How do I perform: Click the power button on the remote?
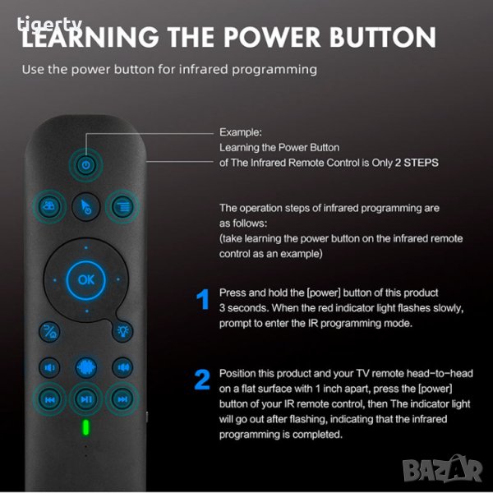(85, 165)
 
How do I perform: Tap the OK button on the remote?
(85, 279)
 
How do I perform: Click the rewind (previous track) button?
(49, 399)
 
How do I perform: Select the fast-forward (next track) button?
(122, 399)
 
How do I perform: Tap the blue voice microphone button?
(85, 367)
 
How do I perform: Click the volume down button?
(49, 367)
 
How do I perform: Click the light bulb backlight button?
(122, 331)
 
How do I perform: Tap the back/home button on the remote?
(49, 331)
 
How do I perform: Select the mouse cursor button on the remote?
(85, 206)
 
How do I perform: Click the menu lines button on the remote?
(122, 206)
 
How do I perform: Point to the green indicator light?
(85, 427)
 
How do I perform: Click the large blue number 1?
(203, 299)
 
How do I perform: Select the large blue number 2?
(202, 380)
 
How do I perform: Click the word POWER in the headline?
(272, 37)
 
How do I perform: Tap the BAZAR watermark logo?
(443, 469)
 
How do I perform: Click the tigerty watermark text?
(49, 24)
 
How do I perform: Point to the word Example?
(241, 132)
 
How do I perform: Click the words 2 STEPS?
(417, 163)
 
